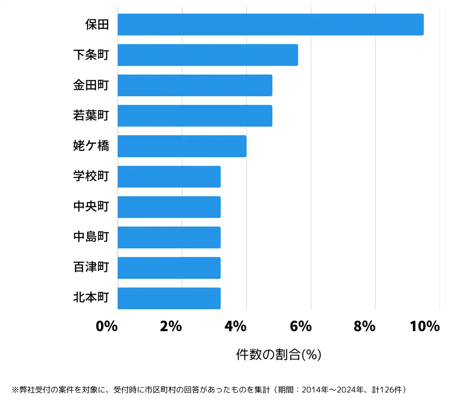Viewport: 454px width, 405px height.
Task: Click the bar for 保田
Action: click(271, 25)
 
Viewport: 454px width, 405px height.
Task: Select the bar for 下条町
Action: click(208, 55)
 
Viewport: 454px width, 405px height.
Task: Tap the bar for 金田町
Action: click(195, 85)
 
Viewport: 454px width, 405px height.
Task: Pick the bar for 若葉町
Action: click(195, 116)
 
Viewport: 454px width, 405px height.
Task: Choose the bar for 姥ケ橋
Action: click(182, 146)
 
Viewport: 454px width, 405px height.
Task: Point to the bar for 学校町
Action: click(169, 177)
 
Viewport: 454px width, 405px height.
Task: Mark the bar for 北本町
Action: click(169, 298)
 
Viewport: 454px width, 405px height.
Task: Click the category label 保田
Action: click(97, 25)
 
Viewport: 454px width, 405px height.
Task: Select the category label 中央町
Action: click(91, 206)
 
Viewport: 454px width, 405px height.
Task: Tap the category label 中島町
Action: click(91, 237)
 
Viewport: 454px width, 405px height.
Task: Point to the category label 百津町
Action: click(91, 267)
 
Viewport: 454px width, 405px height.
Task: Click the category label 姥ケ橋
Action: click(91, 146)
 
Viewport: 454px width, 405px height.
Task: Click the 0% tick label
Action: click(107, 326)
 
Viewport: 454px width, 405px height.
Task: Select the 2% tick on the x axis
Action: click(171, 326)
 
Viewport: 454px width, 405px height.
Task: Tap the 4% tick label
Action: click(235, 326)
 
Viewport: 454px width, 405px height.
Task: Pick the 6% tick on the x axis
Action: click(300, 326)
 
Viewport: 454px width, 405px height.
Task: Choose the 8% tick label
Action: click(364, 326)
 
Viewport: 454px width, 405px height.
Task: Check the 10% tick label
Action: click(424, 326)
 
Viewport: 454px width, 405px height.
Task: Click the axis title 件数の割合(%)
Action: click(279, 355)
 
